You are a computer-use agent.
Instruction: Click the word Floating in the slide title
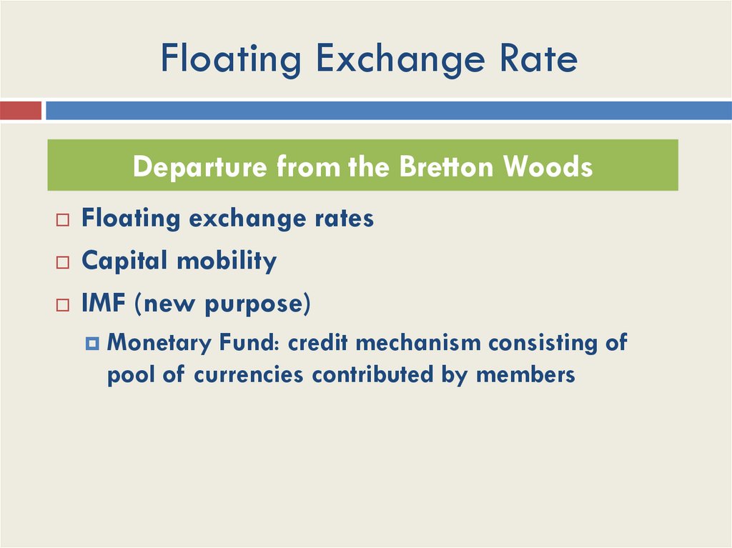click(x=231, y=59)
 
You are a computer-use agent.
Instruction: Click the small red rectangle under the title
click(x=21, y=111)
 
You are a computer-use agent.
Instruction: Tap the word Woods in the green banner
click(x=548, y=166)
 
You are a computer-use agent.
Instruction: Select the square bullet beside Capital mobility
click(x=63, y=263)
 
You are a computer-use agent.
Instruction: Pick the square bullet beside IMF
click(x=63, y=306)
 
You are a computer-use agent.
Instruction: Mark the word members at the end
click(x=525, y=374)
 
